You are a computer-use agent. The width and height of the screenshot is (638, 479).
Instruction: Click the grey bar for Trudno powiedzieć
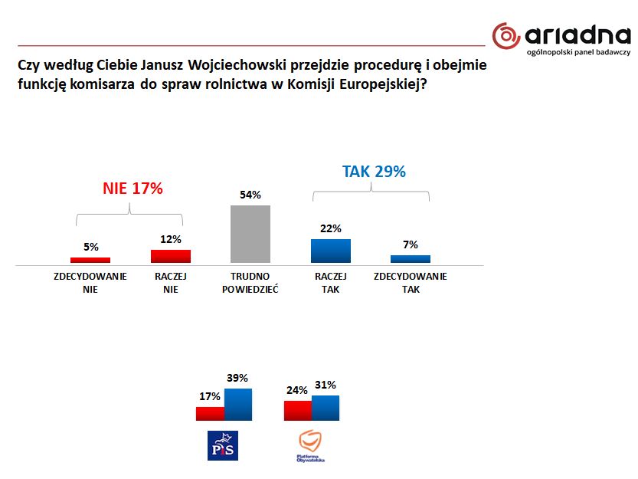[250, 235]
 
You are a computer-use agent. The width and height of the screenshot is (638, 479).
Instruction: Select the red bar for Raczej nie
[171, 257]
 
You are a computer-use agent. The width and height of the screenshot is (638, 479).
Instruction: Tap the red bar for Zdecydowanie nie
[90, 261]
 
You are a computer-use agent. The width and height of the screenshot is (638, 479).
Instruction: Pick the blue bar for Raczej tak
[331, 251]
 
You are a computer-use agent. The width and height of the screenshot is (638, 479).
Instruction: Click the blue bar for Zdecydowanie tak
[411, 260]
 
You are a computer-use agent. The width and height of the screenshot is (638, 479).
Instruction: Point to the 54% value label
[250, 195]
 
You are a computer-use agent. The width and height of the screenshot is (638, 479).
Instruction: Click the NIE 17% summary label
[133, 189]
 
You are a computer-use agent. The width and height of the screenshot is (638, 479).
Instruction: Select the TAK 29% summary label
[374, 172]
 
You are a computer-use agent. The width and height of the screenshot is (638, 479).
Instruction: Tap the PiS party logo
[223, 445]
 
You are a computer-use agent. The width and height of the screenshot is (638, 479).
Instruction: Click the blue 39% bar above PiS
[238, 405]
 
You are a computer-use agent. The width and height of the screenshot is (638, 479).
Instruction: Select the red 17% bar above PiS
[210, 414]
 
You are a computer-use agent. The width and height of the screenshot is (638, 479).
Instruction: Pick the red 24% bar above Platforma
[297, 411]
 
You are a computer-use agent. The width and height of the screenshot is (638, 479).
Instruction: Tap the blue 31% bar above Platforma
[326, 408]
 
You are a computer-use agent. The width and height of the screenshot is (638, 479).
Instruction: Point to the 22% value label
[331, 228]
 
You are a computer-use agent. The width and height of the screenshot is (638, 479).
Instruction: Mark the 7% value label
[411, 244]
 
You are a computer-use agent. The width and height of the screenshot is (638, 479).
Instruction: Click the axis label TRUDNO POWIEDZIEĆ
[250, 283]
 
